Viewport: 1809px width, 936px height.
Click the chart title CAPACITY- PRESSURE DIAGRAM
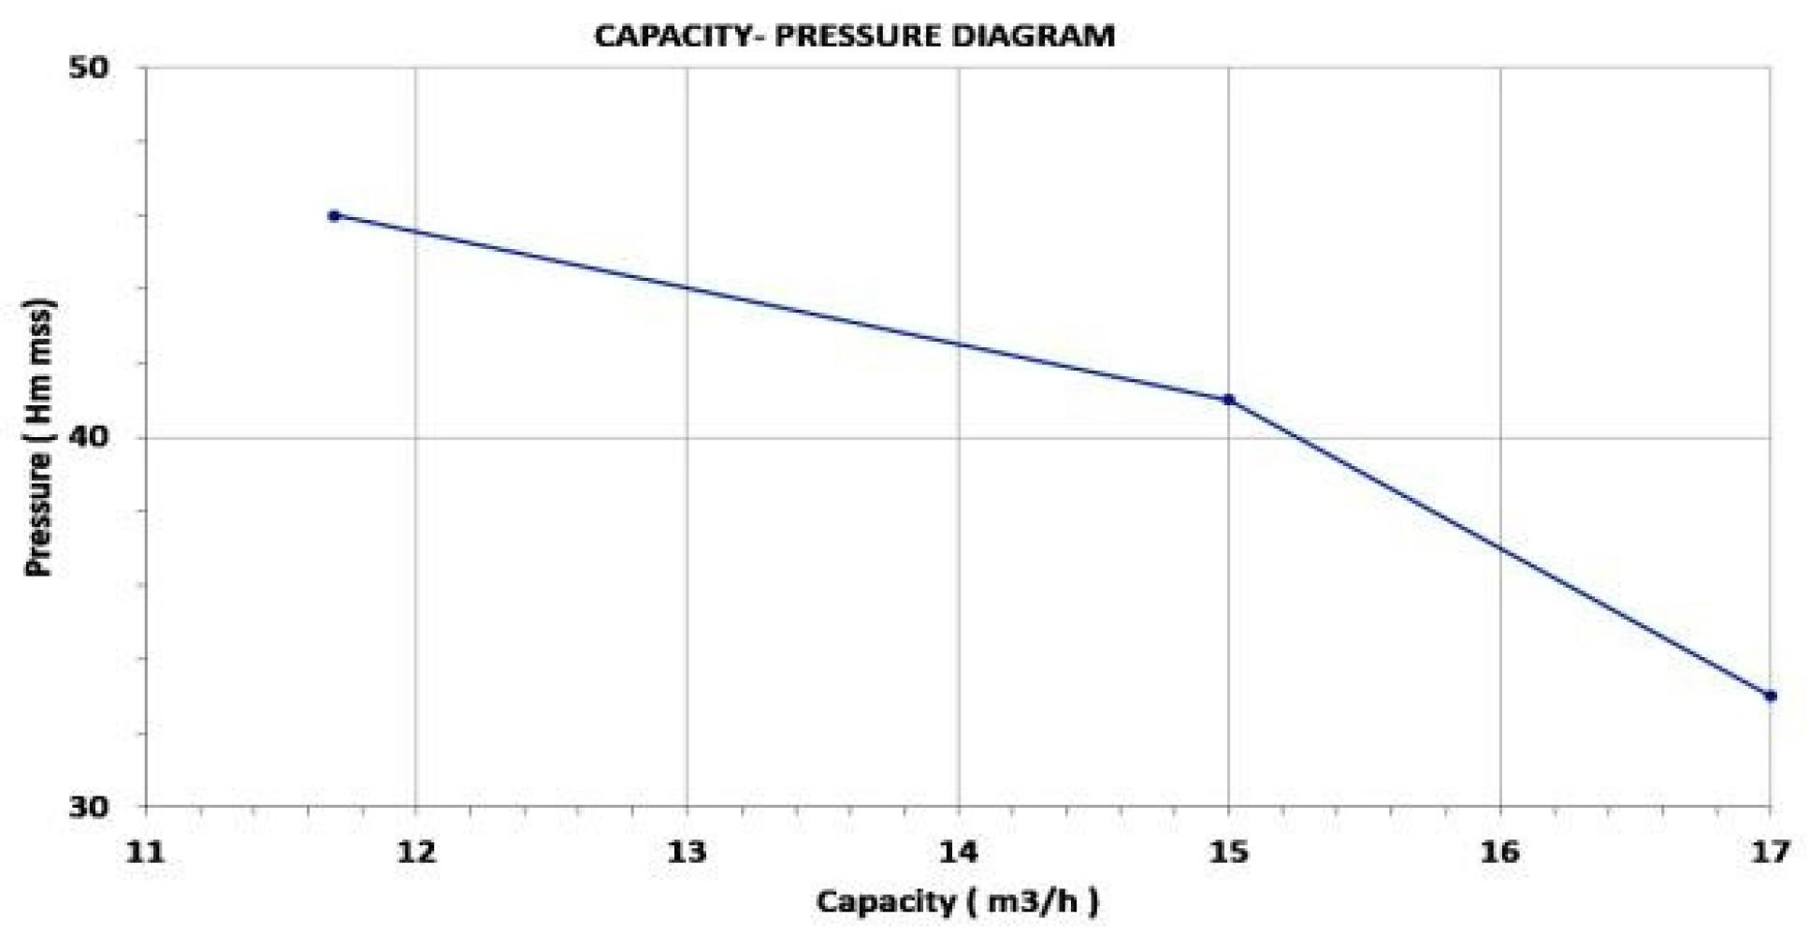[854, 37]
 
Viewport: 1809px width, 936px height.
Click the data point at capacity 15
[1229, 400]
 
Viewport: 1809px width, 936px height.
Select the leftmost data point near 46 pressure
[334, 216]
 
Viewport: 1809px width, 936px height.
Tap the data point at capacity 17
[1770, 695]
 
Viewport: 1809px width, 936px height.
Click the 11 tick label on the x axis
[145, 852]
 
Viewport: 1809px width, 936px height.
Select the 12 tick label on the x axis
[415, 852]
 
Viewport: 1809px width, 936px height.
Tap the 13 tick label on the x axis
[687, 852]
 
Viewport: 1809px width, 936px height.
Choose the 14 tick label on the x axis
[959, 852]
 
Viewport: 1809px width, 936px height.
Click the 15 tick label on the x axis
[1229, 852]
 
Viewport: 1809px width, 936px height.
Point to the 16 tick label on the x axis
[1500, 852]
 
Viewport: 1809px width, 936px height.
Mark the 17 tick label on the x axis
[1770, 852]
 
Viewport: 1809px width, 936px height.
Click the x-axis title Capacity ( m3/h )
[957, 902]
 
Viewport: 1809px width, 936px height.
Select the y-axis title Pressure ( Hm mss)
[39, 438]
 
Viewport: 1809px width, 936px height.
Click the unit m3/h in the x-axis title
[1027, 902]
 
